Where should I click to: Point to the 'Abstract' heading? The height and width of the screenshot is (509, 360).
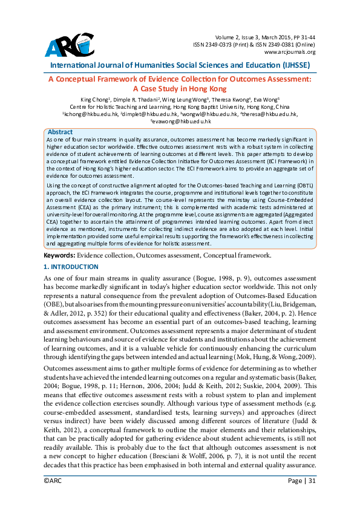[60, 132]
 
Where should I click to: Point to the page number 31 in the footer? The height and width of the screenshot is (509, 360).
[312, 498]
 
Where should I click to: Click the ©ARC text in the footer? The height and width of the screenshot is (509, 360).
[53, 498]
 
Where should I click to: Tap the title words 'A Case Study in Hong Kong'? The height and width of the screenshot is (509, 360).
[180, 88]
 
